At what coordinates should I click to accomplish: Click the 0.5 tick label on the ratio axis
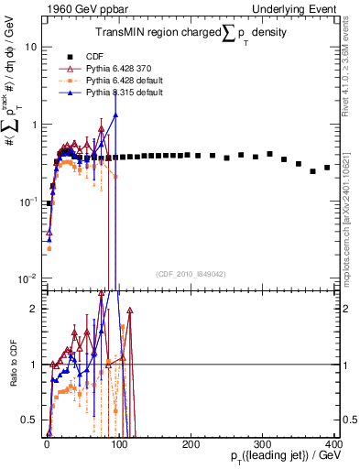click(29, 420)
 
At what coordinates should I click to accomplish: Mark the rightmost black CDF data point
click(327, 168)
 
